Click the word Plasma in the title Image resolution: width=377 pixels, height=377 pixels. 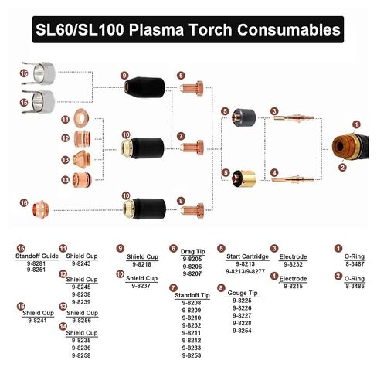pos(156,29)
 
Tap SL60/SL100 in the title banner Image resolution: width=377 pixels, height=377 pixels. pos(80,29)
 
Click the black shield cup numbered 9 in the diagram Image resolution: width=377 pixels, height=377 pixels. pos(144,87)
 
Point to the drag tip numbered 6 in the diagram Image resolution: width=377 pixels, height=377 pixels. pos(192,88)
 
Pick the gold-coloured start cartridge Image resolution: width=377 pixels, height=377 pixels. pos(243,178)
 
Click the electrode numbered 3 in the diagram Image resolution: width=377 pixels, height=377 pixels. pos(294,118)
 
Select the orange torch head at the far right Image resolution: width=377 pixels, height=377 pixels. pos(350,147)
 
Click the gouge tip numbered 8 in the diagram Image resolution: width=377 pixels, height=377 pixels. pos(192,210)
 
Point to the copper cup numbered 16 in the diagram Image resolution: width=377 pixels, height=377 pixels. pos(41,209)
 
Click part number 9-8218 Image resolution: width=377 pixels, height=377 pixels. pos(142,264)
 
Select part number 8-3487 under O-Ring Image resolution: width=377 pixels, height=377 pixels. pos(355,264)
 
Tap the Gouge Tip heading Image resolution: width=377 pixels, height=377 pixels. pos(243,293)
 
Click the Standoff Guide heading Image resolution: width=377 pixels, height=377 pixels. pos(37,256)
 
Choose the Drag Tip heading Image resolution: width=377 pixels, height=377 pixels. pos(193,252)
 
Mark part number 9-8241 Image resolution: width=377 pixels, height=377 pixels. pos(38,321)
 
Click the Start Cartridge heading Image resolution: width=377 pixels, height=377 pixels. pos(247,256)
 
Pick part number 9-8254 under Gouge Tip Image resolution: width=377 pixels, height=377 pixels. pos(242,331)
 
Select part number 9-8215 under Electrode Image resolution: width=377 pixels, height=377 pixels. pos(294,287)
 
